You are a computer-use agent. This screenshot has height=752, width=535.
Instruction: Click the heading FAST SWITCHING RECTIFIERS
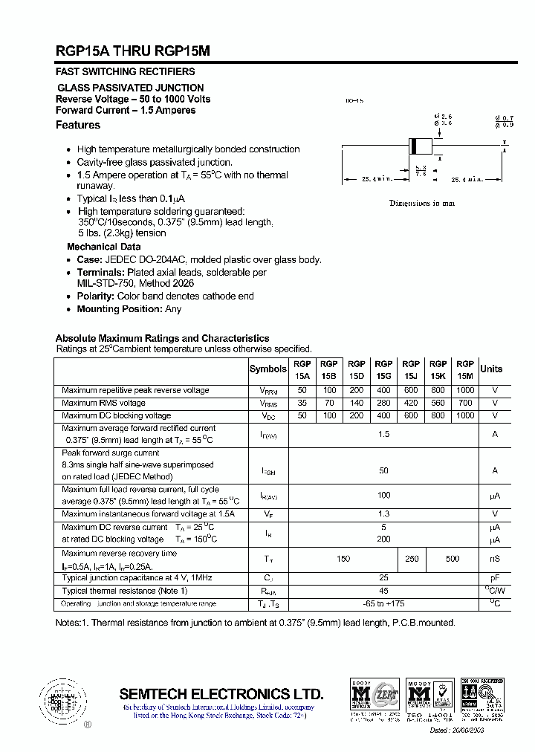126,72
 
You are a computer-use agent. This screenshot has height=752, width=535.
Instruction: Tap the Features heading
78,125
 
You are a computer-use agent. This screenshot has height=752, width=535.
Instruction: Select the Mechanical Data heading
103,247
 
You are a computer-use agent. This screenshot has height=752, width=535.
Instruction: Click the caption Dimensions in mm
422,203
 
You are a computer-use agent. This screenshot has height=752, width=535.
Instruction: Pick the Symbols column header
267,369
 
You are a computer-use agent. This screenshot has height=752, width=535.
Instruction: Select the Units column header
491,369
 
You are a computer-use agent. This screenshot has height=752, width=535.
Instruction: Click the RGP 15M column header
465,369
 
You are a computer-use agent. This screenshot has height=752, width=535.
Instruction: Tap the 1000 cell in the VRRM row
465,390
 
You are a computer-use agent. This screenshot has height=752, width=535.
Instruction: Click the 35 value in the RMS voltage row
302,403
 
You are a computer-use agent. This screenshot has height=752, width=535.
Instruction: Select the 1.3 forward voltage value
383,513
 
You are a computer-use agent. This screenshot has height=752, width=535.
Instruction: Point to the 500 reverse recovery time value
452,559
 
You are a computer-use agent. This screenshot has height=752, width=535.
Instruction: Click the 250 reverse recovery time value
411,559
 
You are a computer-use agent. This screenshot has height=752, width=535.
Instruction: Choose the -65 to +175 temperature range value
383,603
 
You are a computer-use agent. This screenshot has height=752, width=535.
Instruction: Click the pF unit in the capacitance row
495,577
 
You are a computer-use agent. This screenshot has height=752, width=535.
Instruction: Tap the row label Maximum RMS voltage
103,403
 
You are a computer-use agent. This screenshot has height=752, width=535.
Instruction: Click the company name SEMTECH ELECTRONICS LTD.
221,694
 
